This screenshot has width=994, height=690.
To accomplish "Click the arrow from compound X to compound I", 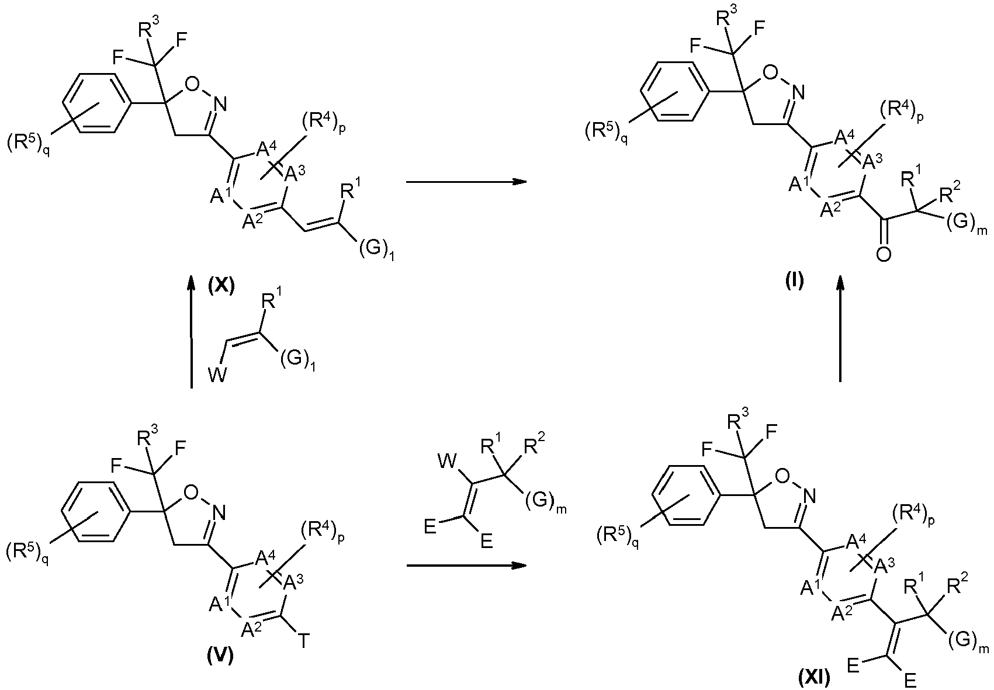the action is click(466, 182).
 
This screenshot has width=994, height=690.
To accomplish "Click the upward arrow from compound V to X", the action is click(191, 331).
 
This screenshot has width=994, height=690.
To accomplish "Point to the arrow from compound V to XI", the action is click(466, 566).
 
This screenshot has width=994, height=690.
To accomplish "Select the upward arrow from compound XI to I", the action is click(840, 328).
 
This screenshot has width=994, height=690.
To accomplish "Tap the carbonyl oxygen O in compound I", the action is click(883, 255).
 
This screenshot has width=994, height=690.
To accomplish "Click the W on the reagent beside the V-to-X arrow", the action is click(217, 376).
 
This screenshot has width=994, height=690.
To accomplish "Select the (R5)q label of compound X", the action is click(28, 145).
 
